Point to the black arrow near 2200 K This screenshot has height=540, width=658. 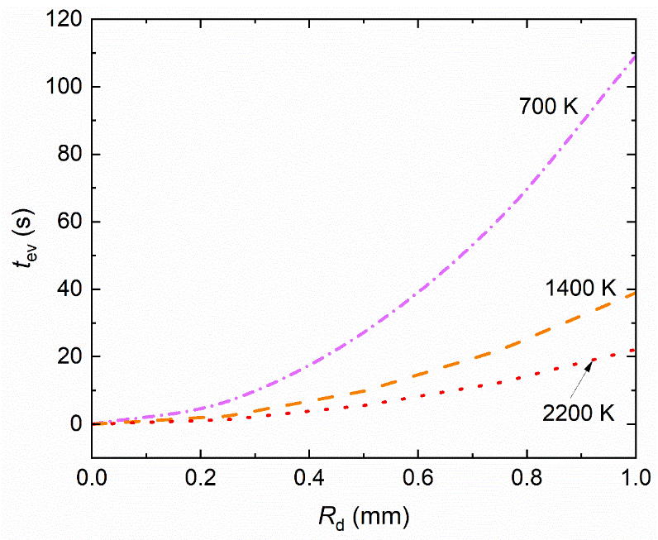tap(579, 375)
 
